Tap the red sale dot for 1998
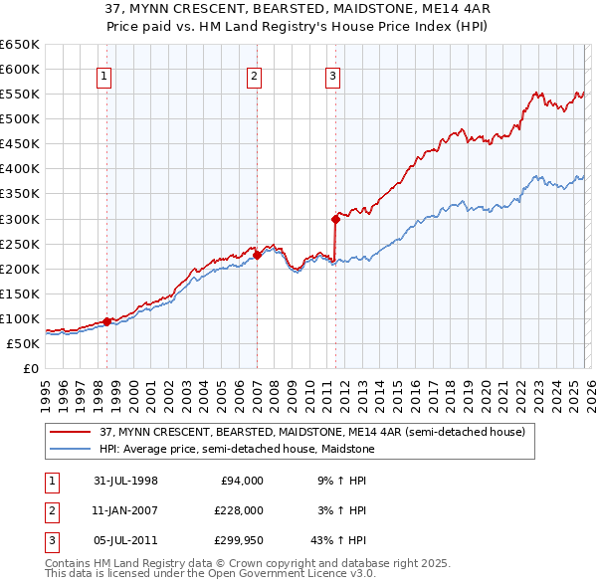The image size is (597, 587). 107,321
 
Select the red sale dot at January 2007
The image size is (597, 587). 257,255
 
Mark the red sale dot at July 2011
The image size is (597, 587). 335,218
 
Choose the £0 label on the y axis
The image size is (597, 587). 29,369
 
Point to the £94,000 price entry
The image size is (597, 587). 241,481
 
